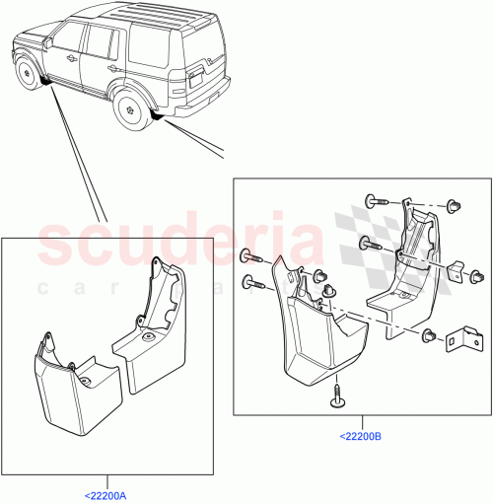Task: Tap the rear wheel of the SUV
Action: tap(129, 110)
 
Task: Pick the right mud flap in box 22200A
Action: tap(151, 335)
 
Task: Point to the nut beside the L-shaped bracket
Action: tap(429, 337)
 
